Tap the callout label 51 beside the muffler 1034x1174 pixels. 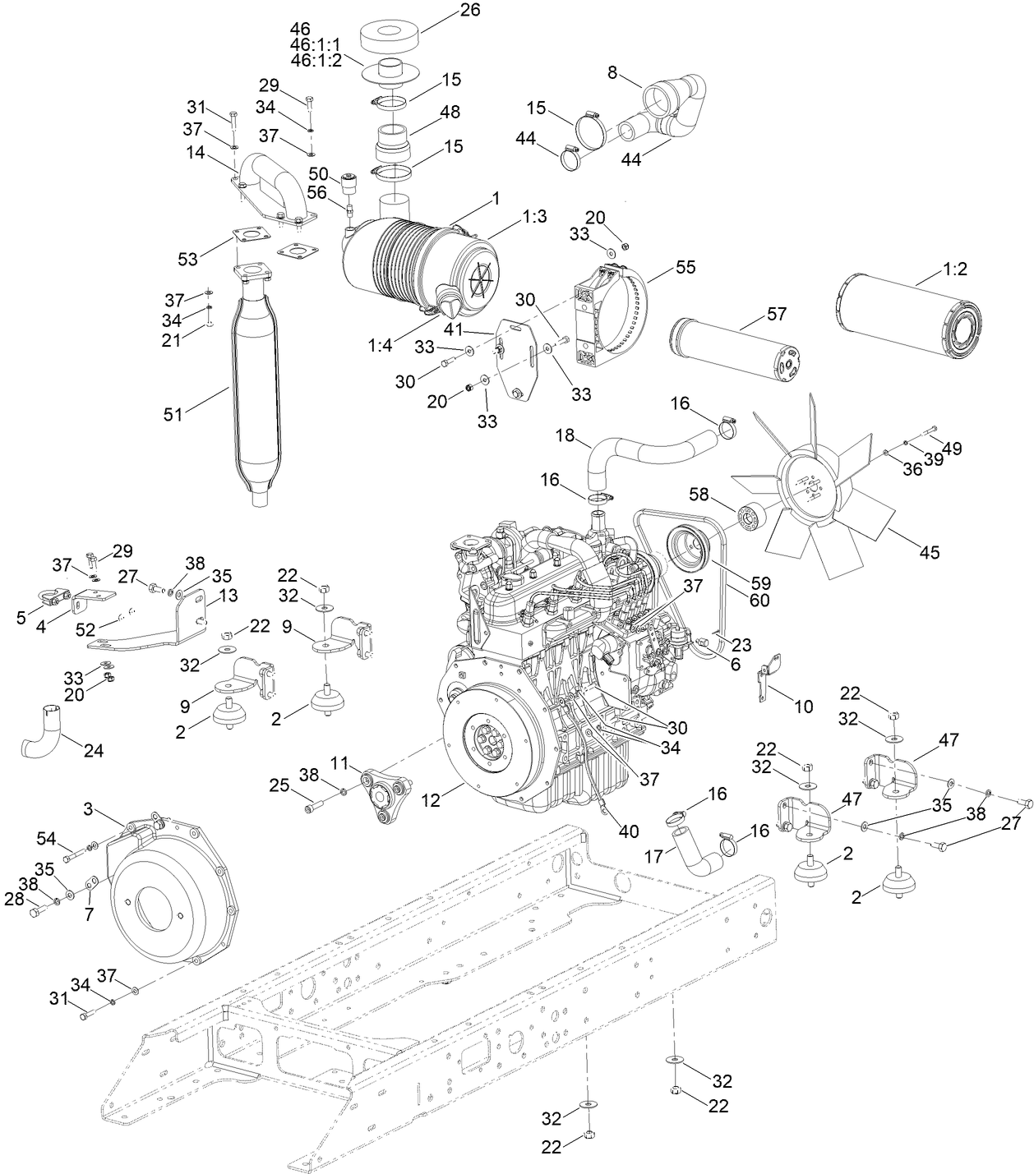coord(173,415)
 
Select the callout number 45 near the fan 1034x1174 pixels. coord(929,552)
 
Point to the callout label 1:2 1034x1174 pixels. coord(953,269)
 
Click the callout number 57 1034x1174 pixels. coord(777,314)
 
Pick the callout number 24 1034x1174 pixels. coord(94,750)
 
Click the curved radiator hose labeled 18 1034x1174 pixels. coord(649,453)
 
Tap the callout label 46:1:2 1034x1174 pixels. coord(316,60)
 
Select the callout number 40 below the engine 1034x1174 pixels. coord(629,831)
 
